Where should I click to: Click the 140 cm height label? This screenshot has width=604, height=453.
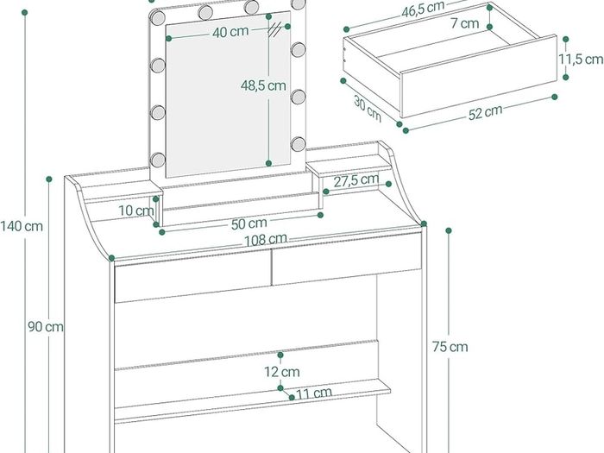coord(22,226)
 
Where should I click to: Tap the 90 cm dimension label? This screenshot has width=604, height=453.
coord(46,327)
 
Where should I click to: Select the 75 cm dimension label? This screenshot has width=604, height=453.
coord(450,347)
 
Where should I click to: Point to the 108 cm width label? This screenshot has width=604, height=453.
coord(266,239)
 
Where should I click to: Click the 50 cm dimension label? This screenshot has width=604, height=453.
coord(249,223)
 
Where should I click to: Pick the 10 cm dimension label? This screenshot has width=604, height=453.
coord(136,211)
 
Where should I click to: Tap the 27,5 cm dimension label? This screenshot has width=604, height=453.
coord(355,179)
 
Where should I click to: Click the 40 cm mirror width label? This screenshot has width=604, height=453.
coord(230,32)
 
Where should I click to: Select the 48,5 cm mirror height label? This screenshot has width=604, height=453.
coord(263,85)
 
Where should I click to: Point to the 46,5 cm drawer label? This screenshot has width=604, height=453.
coord(423,9)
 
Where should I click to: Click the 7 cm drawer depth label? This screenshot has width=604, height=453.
coord(465,23)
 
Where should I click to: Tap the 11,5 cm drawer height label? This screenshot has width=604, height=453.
coord(581,59)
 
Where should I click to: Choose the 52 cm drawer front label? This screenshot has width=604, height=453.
coord(485,112)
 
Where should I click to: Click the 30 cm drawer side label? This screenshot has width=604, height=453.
coord(368,109)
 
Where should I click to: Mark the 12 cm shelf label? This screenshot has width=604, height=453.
coord(282,372)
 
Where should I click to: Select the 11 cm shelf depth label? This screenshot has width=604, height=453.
coord(314,393)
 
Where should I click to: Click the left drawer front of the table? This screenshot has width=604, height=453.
coord(193,276)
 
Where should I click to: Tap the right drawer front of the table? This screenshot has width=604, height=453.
coord(346,259)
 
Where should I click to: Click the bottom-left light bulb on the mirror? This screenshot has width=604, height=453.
coord(158,159)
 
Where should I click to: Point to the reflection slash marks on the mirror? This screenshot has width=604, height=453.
coord(274,29)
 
